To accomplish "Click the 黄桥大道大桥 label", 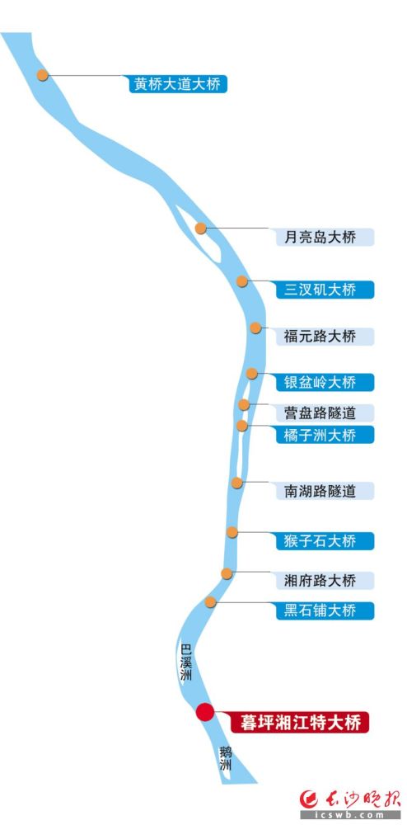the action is (x=178, y=84).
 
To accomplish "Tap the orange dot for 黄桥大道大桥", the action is (x=43, y=75).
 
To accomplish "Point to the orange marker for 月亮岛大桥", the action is (x=200, y=229).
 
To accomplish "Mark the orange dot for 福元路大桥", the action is (x=255, y=328).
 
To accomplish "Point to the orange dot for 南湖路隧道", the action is (x=237, y=483).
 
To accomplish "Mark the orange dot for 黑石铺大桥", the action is (x=210, y=602).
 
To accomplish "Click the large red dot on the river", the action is (x=205, y=713).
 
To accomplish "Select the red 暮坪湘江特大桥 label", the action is (x=300, y=722).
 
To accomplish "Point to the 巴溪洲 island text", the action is (x=186, y=662).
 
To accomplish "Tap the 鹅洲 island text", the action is (x=226, y=758).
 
